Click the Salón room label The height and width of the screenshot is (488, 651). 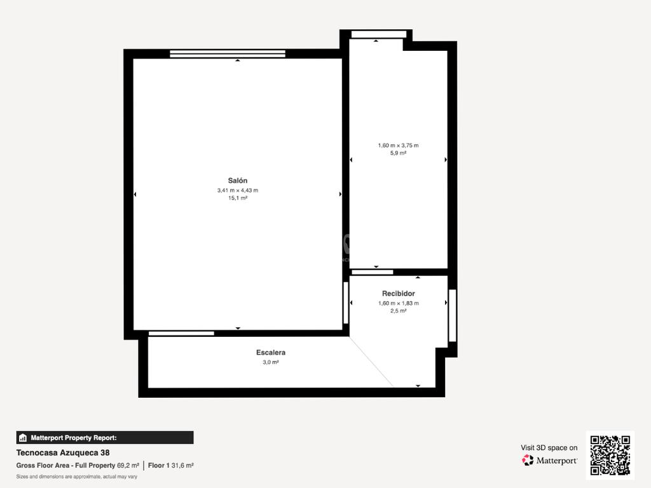tap(238, 180)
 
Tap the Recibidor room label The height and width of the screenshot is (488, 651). tap(398, 294)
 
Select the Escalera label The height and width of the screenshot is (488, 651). tap(271, 352)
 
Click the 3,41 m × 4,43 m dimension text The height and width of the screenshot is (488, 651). tap(238, 191)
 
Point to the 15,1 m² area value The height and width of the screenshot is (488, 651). tap(238, 198)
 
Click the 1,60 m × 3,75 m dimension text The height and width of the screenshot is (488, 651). tap(398, 146)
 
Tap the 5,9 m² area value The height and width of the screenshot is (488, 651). tap(398, 152)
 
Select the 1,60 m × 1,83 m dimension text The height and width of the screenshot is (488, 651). tap(398, 303)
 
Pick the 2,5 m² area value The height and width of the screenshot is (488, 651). tap(398, 310)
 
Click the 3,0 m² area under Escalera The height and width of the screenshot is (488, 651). tap(271, 362)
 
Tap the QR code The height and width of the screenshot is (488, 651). tap(610, 455)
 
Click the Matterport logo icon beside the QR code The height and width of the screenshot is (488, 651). tap(528, 460)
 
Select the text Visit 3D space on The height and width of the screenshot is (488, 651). tap(549, 448)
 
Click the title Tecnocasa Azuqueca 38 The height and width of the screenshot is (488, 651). tap(63, 452)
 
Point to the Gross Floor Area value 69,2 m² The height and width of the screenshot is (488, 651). tap(128, 466)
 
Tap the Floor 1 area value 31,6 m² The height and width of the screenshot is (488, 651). tap(182, 466)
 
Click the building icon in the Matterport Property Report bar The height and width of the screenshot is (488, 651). tap(23, 438)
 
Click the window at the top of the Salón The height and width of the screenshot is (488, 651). tap(228, 53)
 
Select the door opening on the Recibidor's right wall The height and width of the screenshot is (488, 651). tap(453, 315)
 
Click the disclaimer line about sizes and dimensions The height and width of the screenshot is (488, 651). tap(76, 477)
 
